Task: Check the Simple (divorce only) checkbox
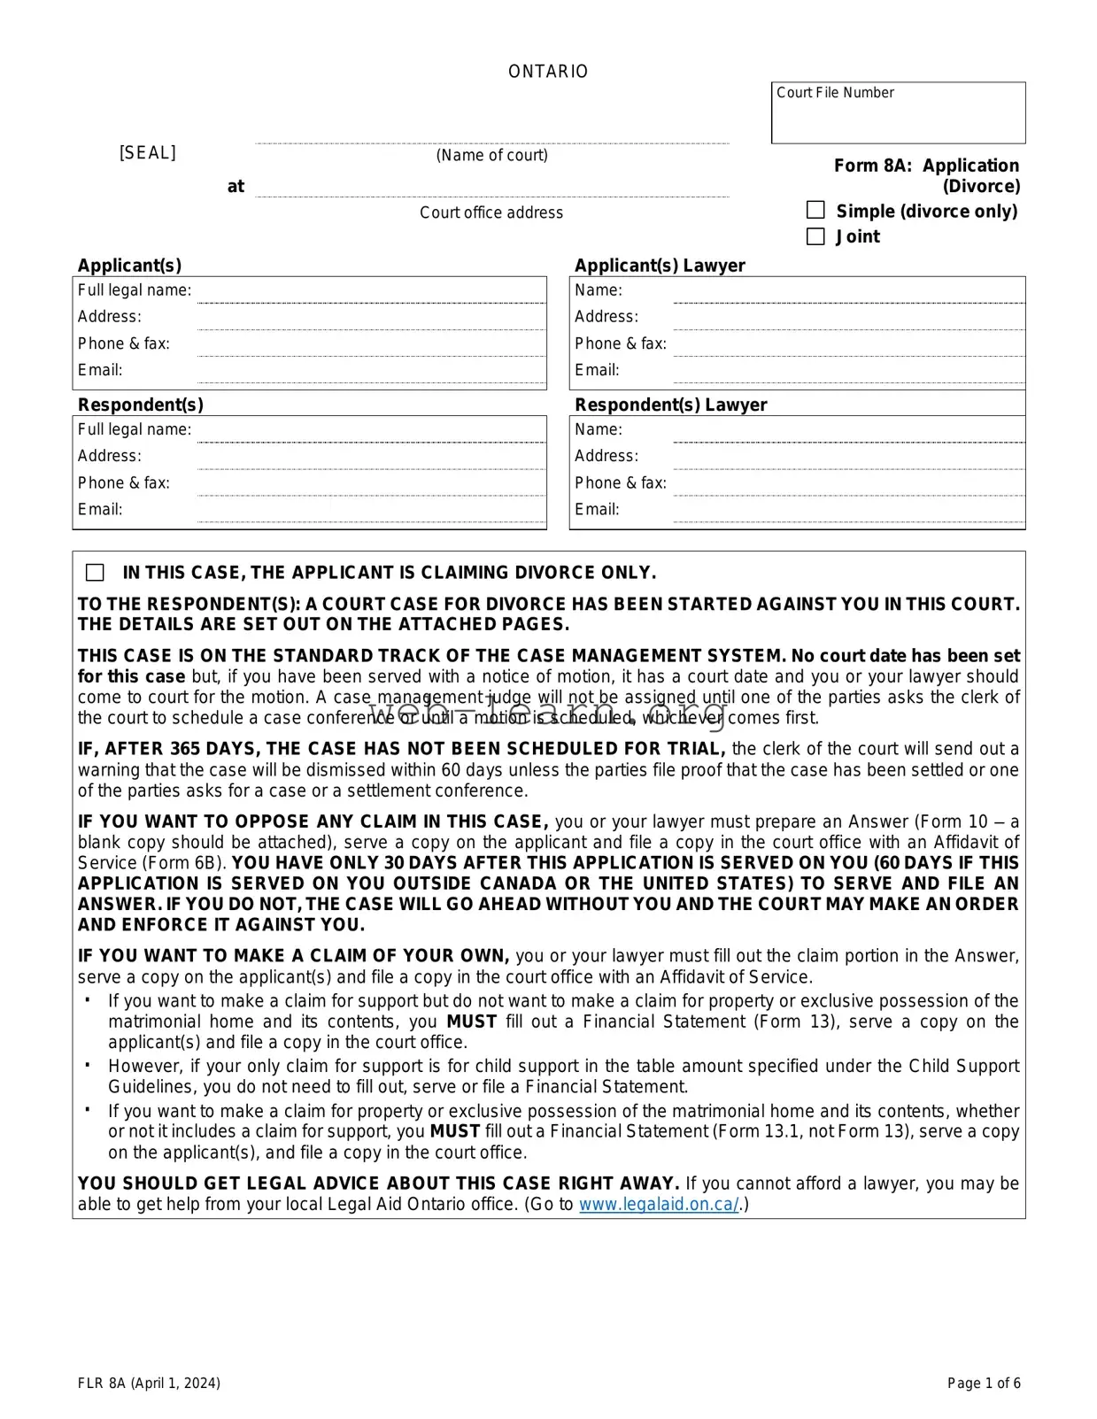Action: click(x=815, y=211)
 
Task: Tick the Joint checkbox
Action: click(x=815, y=236)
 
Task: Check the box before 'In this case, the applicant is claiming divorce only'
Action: click(x=95, y=573)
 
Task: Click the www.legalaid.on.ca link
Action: click(x=659, y=1205)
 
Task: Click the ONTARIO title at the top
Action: click(x=548, y=72)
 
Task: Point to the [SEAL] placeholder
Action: click(x=148, y=153)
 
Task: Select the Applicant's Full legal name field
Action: click(x=370, y=292)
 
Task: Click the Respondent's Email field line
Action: click(x=370, y=512)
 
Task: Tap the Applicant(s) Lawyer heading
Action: click(x=660, y=266)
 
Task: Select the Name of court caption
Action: click(x=491, y=156)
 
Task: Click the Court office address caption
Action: click(x=491, y=212)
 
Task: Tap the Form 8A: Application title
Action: click(x=926, y=166)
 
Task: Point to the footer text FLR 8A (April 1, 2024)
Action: click(x=149, y=1384)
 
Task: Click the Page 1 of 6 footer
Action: click(x=984, y=1384)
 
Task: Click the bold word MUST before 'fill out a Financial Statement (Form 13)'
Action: click(x=471, y=1022)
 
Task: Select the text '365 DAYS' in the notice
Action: click(x=212, y=749)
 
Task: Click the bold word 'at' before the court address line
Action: click(x=236, y=187)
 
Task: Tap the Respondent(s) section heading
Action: click(x=140, y=405)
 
